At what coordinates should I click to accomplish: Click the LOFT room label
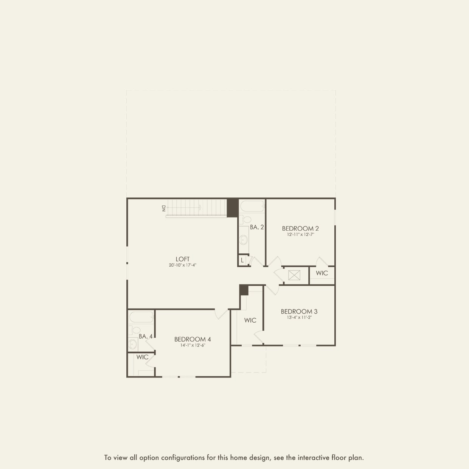[182, 259]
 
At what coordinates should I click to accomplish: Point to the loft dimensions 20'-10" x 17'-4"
[182, 266]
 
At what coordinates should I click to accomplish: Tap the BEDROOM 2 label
[300, 228]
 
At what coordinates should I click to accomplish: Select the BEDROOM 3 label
[299, 312]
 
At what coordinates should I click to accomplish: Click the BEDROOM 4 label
[193, 339]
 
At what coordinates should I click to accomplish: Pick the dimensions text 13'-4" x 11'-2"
[299, 318]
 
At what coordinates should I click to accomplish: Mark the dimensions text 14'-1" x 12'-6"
[193, 345]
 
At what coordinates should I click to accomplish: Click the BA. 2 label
[257, 227]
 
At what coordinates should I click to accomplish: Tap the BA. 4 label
[146, 336]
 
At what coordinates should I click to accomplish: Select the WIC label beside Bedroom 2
[322, 273]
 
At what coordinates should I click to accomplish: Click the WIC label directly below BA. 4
[143, 357]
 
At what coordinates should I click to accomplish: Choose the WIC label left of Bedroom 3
[250, 320]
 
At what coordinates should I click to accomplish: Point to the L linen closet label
[242, 260]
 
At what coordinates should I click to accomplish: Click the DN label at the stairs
[163, 208]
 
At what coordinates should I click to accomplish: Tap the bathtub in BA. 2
[252, 207]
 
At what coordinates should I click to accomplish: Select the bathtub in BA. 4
[141, 317]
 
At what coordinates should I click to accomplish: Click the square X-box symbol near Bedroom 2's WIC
[294, 275]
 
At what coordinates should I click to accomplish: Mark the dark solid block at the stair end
[232, 208]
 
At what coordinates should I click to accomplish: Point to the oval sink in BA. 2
[244, 239]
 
